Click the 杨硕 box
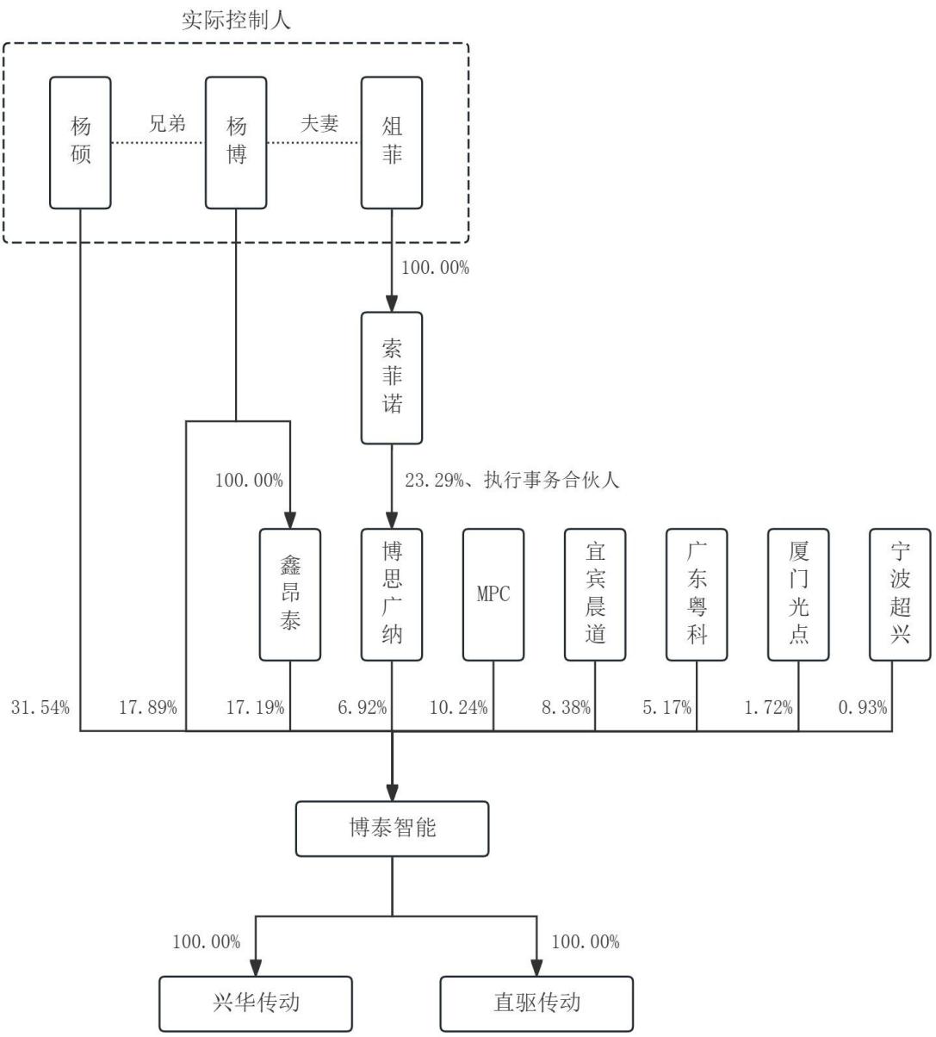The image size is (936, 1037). (80, 143)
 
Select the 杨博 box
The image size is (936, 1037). (236, 143)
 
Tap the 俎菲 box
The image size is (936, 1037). (392, 143)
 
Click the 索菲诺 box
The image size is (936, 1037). (392, 378)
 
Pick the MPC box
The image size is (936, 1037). (493, 594)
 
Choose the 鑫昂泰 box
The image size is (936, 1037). (290, 594)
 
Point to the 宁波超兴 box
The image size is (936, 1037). (901, 594)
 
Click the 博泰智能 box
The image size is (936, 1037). (393, 829)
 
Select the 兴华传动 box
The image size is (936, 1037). (256, 1004)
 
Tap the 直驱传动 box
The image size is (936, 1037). (537, 1004)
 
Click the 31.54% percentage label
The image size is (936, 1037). (40, 707)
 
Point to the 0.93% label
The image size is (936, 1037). (863, 707)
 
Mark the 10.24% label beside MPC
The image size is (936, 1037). (459, 707)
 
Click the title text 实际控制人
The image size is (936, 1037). (236, 21)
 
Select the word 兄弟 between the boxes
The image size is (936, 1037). (167, 123)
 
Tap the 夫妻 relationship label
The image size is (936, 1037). (319, 123)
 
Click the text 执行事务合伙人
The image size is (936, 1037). (551, 481)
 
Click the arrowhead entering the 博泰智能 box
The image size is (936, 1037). (393, 792)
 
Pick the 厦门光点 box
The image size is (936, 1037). (798, 594)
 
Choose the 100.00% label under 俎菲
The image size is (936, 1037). (436, 268)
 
